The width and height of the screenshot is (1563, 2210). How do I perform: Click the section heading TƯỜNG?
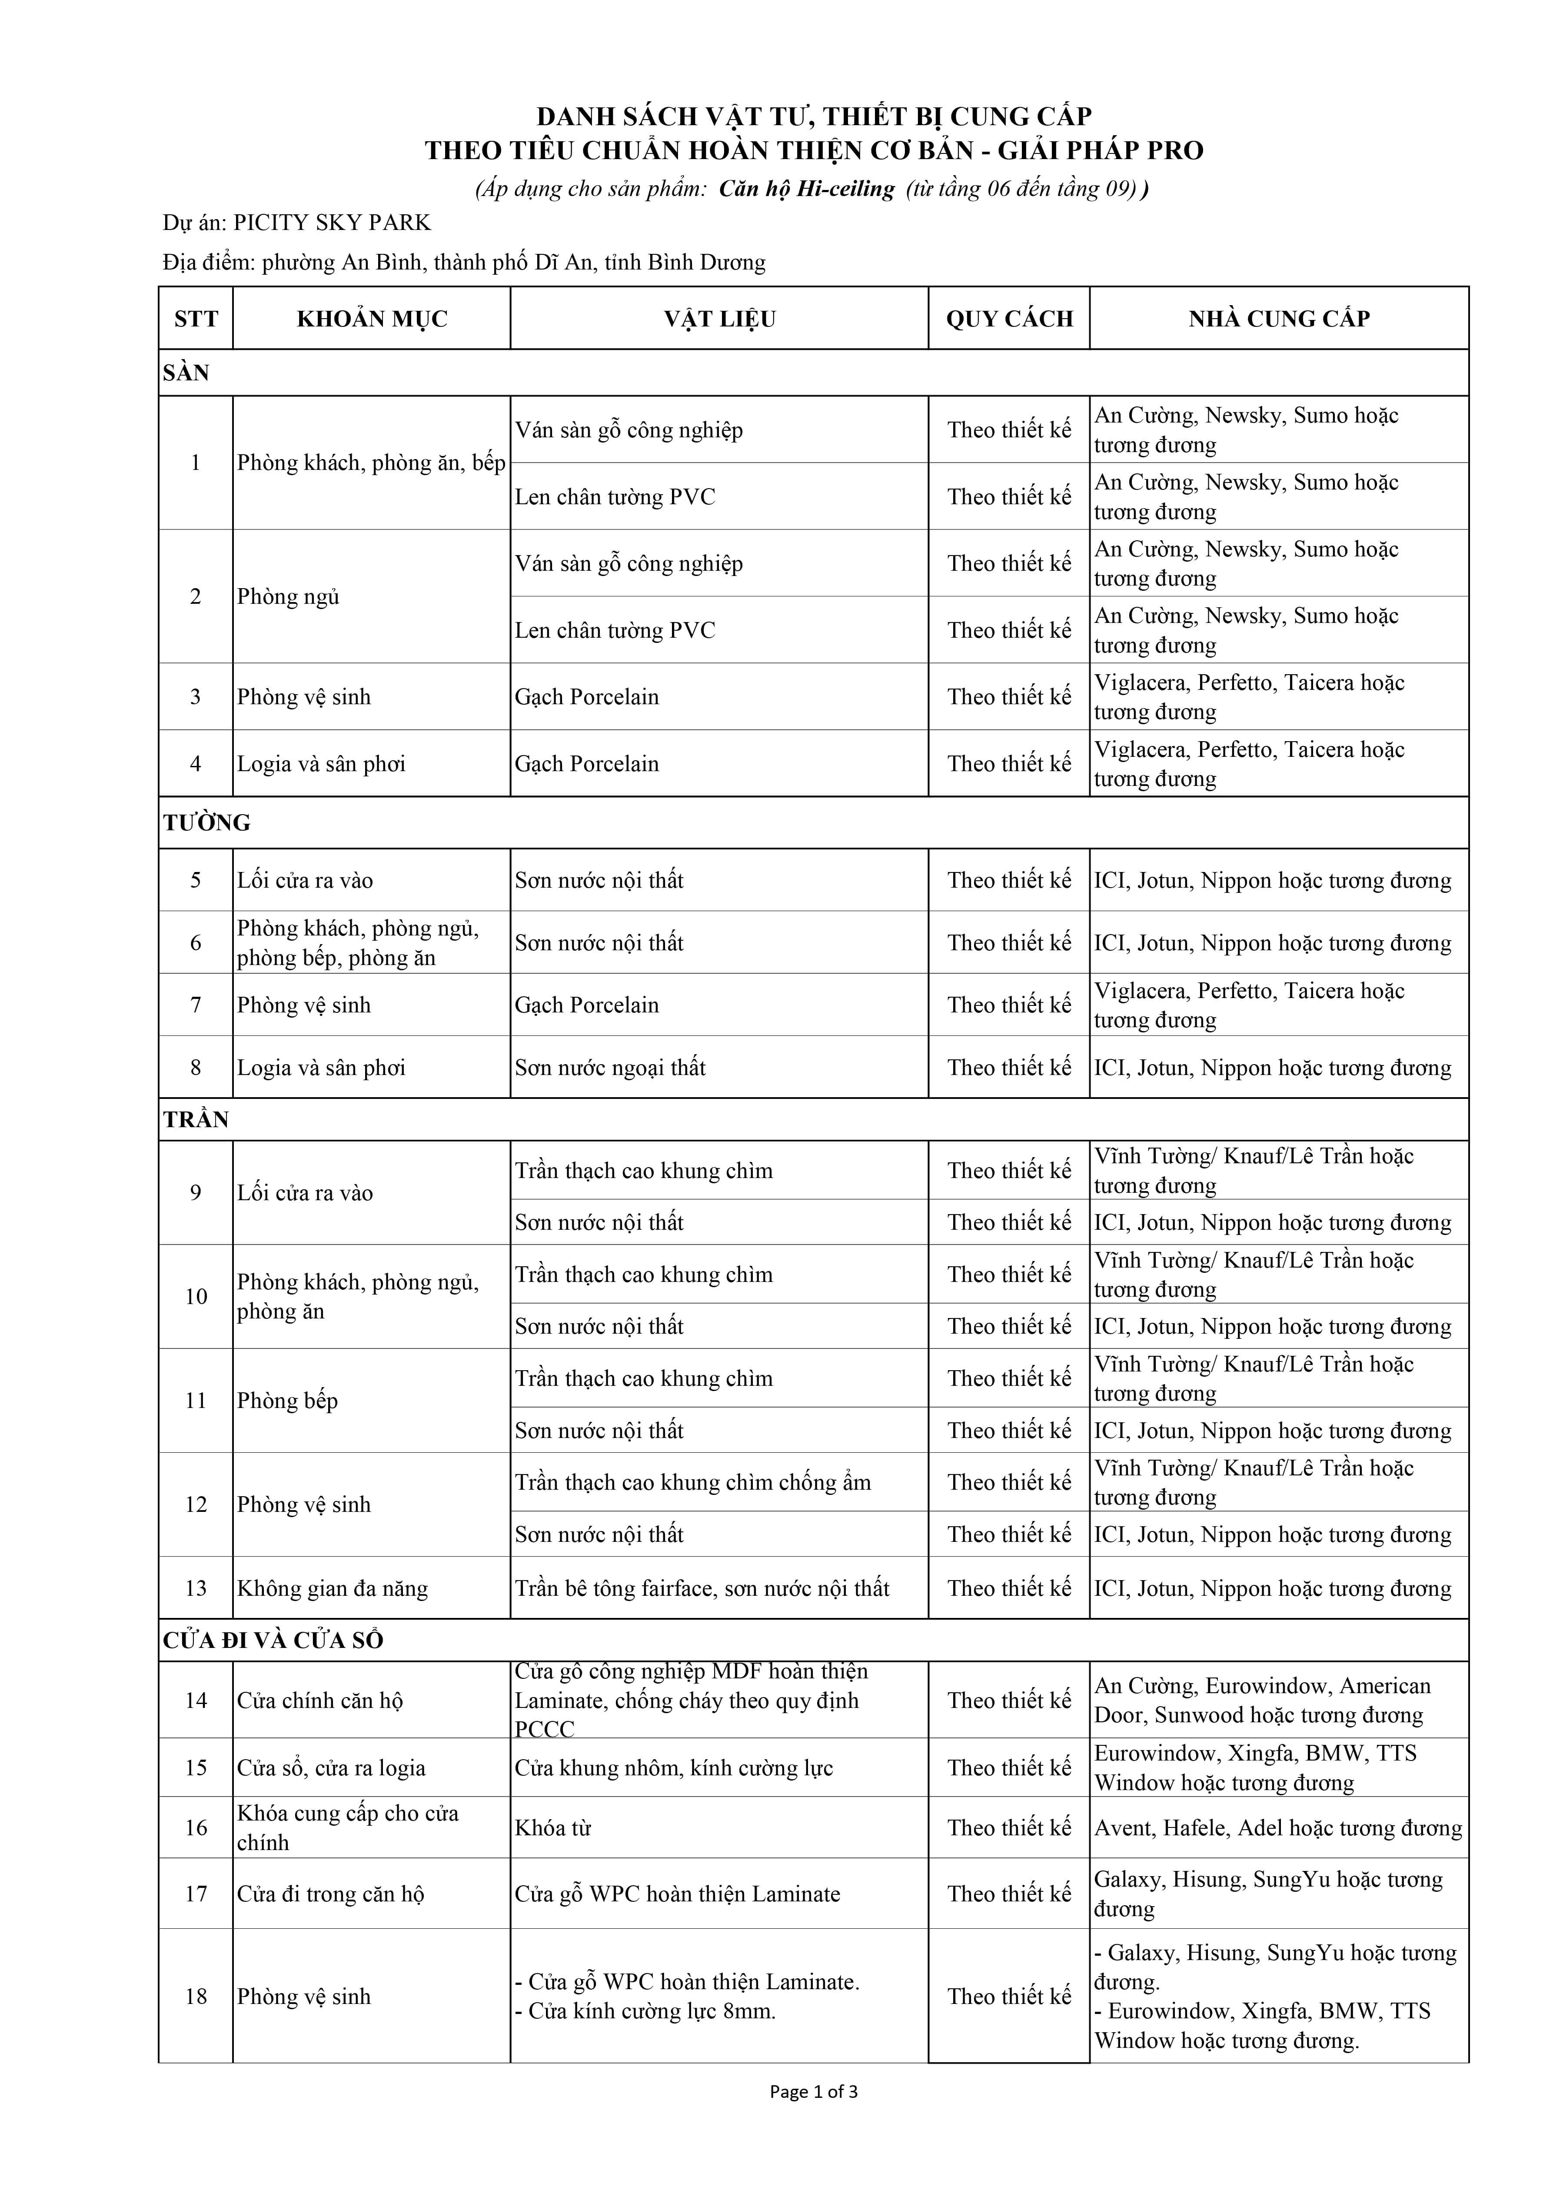(207, 823)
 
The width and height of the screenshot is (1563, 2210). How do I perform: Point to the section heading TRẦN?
(196, 1119)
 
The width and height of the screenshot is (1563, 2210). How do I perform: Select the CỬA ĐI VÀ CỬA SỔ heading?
(273, 1640)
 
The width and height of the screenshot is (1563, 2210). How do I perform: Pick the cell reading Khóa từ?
(553, 1828)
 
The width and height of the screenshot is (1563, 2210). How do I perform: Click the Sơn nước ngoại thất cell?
(610, 1068)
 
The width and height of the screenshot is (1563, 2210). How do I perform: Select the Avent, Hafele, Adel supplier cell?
(1278, 1828)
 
